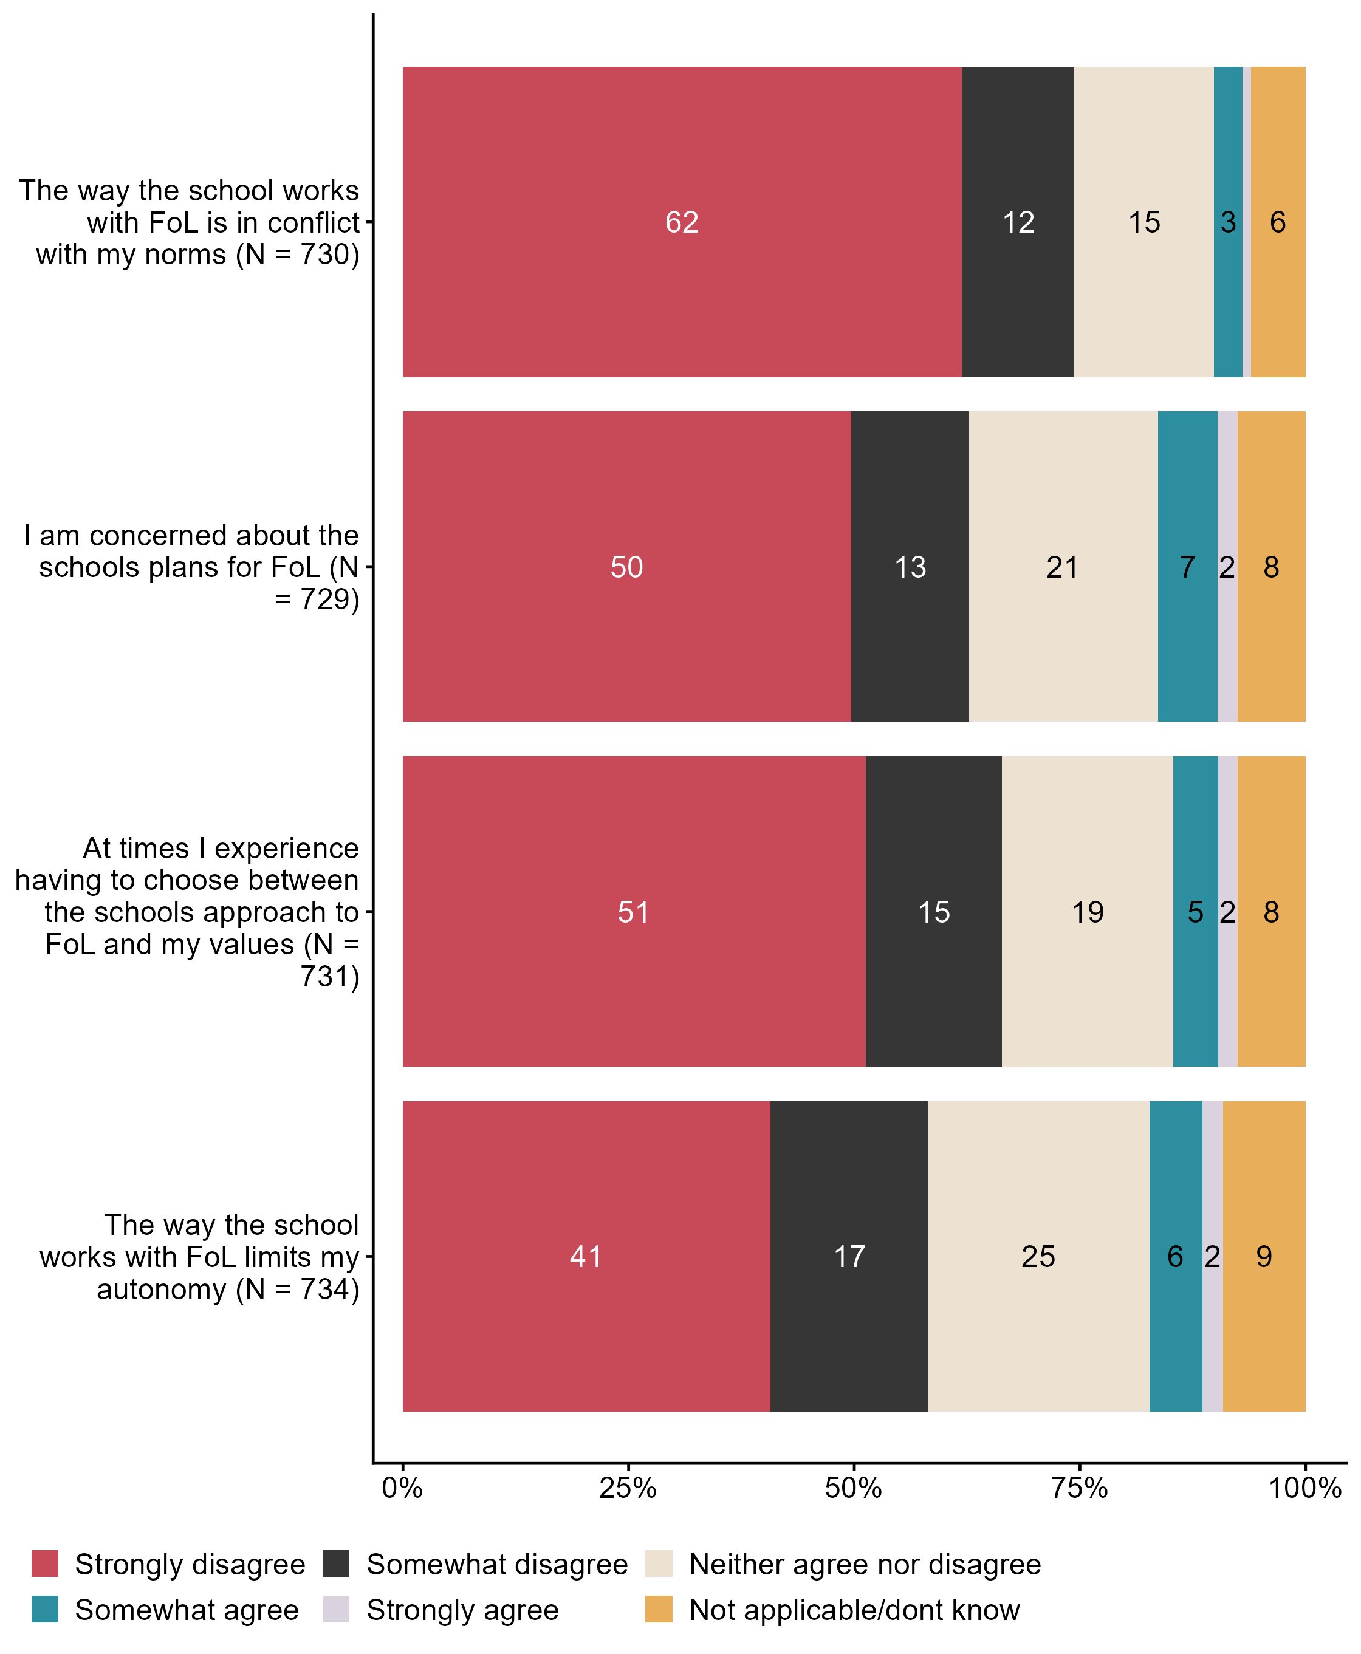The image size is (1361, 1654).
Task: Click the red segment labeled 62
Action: [x=681, y=222]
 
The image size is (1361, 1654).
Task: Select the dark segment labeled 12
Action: [x=1018, y=222]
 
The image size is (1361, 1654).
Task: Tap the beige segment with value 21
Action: [x=1062, y=566]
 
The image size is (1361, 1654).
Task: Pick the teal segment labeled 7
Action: [x=1187, y=566]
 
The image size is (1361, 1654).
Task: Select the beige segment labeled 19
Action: [x=1088, y=911]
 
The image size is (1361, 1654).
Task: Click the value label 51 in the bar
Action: [x=634, y=912]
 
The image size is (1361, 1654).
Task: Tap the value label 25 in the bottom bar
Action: [x=1038, y=1257]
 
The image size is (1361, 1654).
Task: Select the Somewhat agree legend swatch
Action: [x=45, y=1609]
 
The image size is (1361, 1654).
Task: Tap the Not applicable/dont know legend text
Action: [x=854, y=1609]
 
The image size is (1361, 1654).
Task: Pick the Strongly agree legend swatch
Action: [x=335, y=1609]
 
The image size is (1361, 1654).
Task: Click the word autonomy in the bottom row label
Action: [x=162, y=1290]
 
